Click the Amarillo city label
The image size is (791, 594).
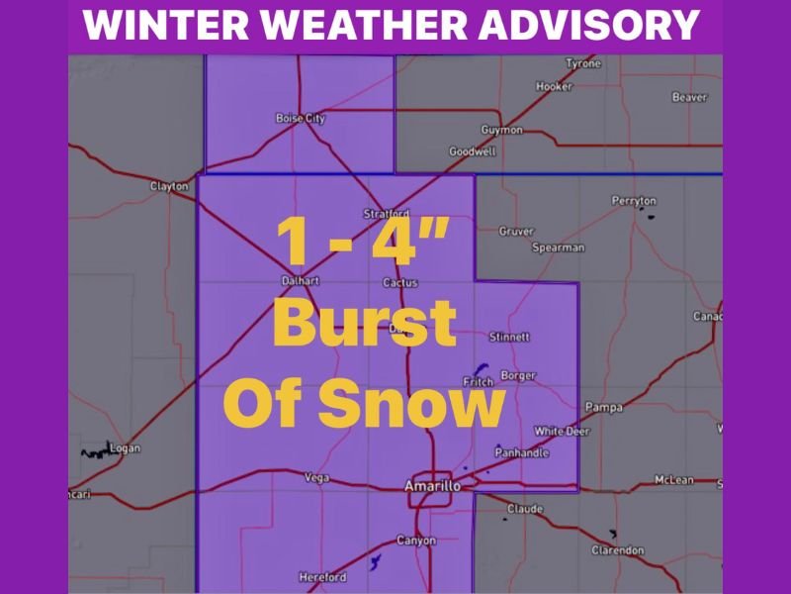[x=432, y=486]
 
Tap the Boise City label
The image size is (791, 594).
[x=300, y=119]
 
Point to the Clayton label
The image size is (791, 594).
[x=168, y=186]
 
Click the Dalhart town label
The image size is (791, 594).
[x=300, y=281]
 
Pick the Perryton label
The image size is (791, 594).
[x=634, y=201]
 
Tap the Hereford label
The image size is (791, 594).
[x=322, y=577]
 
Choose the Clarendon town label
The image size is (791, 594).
[x=618, y=550]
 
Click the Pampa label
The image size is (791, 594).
[x=603, y=407]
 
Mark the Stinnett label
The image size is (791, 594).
[x=509, y=338]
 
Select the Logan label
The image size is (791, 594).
[x=126, y=448]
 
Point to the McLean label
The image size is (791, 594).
[x=674, y=481]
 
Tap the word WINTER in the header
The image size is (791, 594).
[x=158, y=26]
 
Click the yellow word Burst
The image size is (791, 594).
[x=364, y=323]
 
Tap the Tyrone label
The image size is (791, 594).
[x=583, y=64]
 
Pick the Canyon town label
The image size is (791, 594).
[x=415, y=541]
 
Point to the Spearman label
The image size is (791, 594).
[x=558, y=247]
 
